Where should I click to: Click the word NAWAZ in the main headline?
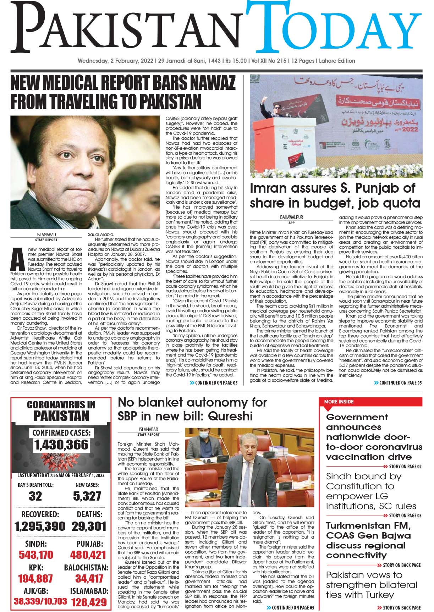[x=209, y=83]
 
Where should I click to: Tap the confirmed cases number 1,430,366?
[x=61, y=445]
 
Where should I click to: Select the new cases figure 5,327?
[x=87, y=496]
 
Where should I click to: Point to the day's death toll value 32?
[x=35, y=496]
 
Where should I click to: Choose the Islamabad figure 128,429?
[x=89, y=602]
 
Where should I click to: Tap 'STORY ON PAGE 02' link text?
[x=405, y=466]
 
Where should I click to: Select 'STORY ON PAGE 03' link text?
[x=405, y=515]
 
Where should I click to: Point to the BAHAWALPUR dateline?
[x=291, y=217]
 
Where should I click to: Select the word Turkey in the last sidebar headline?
[x=377, y=595]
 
